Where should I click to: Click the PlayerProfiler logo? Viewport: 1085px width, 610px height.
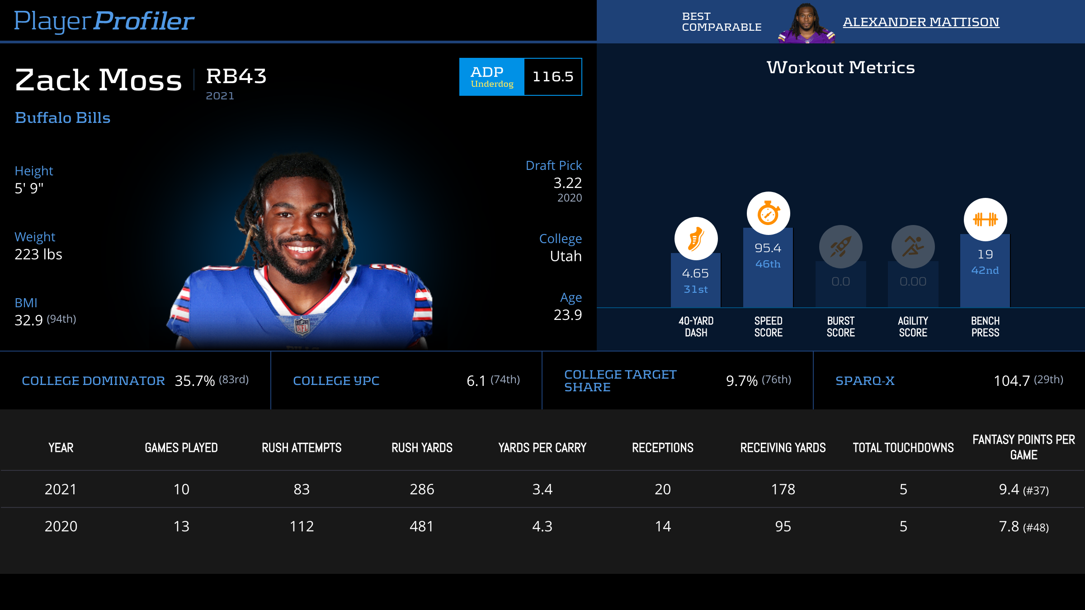pos(104,21)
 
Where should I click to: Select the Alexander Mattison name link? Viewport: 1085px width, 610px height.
pos(921,22)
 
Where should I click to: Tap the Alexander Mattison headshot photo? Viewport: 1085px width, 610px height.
pos(806,23)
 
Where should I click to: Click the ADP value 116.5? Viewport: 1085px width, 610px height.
pos(553,77)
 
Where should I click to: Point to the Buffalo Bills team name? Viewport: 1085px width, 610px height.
pos(62,118)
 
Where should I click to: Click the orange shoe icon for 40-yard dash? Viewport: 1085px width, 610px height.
pos(696,239)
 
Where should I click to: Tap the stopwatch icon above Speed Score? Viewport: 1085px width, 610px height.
pos(768,213)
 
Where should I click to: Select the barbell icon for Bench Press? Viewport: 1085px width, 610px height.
pos(985,220)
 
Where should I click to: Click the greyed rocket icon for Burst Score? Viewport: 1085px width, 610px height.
pos(840,247)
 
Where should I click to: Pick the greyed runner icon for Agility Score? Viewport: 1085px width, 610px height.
pos(913,247)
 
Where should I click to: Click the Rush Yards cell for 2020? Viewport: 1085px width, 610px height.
pos(422,526)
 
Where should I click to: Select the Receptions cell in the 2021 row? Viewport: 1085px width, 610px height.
pos(663,489)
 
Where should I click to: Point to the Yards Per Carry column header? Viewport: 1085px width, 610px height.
pos(542,448)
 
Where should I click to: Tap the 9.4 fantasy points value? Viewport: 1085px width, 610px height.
pos(1010,489)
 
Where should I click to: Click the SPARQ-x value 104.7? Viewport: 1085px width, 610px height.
pos(1012,381)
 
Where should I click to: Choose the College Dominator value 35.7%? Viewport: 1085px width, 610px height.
pos(195,381)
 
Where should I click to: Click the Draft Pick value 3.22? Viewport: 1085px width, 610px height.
pos(567,183)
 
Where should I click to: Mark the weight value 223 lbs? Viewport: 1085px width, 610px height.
pos(38,254)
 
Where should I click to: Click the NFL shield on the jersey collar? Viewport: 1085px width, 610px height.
pos(302,325)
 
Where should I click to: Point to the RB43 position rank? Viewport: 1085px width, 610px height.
pos(236,76)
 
